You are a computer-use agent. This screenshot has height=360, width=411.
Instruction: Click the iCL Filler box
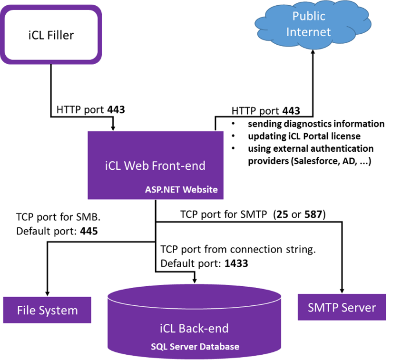(x=51, y=35)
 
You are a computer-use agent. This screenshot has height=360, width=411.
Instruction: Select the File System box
(x=47, y=311)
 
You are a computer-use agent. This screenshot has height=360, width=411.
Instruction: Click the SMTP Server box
(x=342, y=307)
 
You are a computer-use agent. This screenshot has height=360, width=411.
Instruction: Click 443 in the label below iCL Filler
(x=116, y=109)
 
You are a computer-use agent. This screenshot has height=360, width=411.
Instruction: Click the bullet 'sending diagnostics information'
(x=316, y=124)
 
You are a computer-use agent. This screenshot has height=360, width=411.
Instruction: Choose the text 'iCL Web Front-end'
(x=155, y=166)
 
